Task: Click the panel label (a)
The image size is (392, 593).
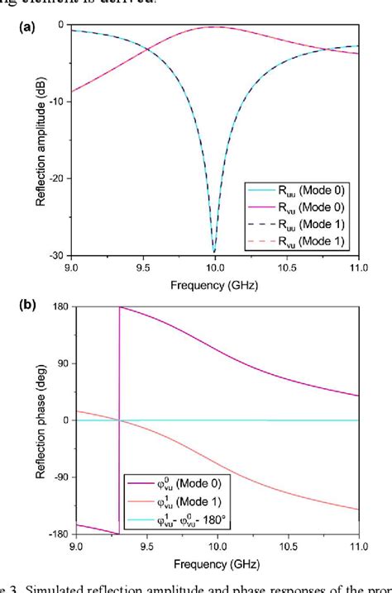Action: [26, 27]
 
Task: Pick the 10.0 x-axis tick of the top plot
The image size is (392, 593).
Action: [215, 266]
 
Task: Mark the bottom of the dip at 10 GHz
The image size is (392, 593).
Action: [215, 252]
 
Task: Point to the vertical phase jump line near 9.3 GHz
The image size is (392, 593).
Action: [119, 413]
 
